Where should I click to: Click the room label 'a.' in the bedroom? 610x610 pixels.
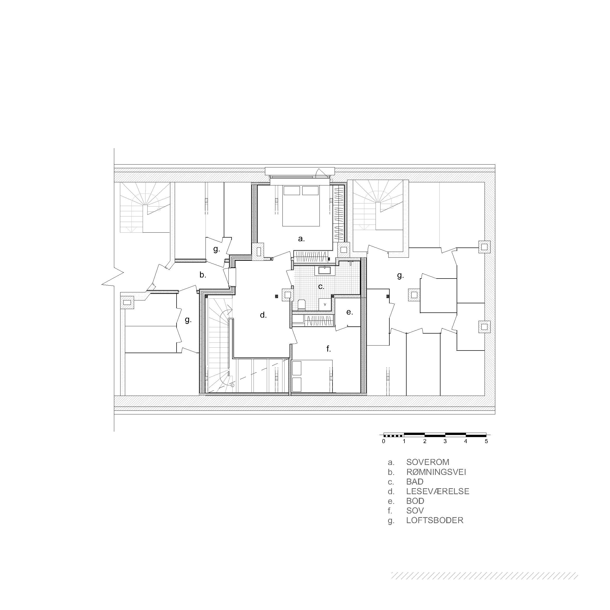click(x=301, y=239)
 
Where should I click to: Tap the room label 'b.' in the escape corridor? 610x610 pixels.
click(x=203, y=275)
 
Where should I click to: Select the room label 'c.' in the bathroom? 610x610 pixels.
click(x=321, y=286)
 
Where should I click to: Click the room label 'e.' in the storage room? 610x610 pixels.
click(x=349, y=312)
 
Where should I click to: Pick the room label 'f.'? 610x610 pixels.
click(x=328, y=349)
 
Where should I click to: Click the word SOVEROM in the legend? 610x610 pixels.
click(x=427, y=462)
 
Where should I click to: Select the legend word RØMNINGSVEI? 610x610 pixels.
click(x=436, y=472)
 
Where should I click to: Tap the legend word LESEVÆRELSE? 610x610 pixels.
click(x=438, y=491)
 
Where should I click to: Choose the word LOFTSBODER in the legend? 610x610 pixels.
click(x=435, y=520)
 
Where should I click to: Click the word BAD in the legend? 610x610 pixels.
click(x=415, y=481)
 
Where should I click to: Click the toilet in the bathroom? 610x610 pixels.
click(x=301, y=305)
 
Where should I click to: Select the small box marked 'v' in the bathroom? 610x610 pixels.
click(x=325, y=304)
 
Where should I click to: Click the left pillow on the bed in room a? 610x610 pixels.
click(x=291, y=190)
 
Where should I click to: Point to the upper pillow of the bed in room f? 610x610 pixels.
click(x=297, y=368)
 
